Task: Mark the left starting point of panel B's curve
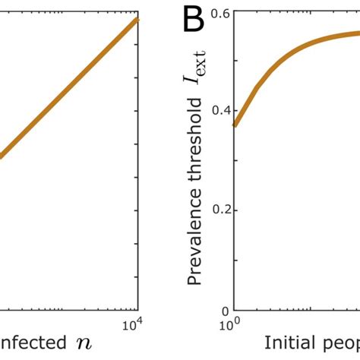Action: point(235,125)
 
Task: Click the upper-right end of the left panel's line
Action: point(137,18)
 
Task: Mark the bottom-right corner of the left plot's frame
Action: point(139,311)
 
